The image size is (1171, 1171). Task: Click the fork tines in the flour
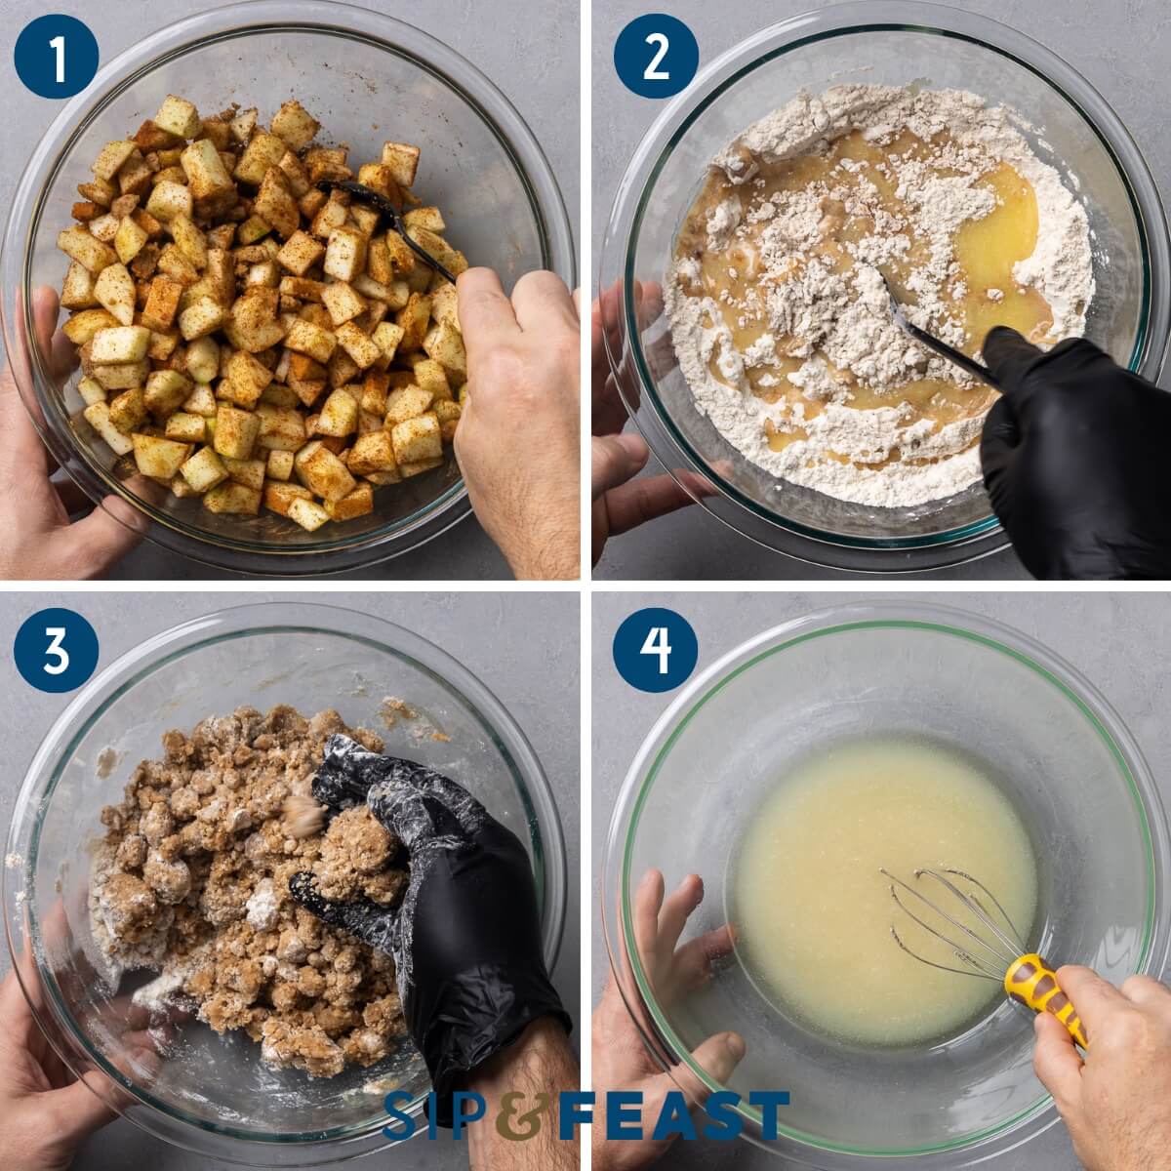(x=893, y=293)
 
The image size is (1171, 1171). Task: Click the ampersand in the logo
(x=519, y=1115)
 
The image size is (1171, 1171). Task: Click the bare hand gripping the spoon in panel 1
(x=517, y=390)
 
